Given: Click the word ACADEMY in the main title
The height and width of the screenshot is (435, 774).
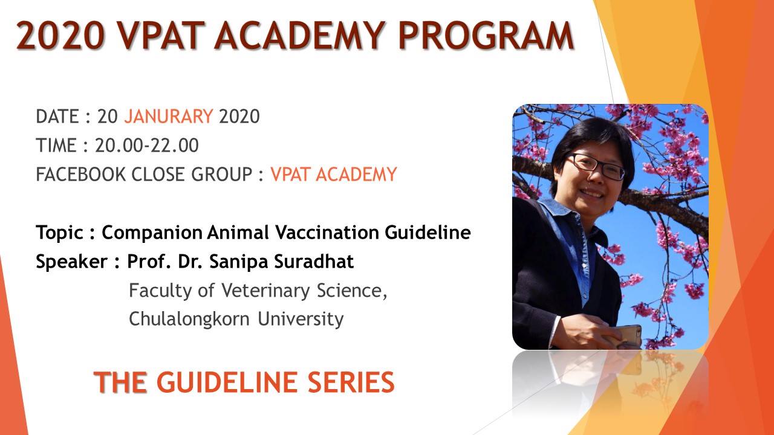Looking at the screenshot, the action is (299, 36).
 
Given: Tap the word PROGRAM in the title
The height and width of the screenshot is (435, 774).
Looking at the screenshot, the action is (486, 36).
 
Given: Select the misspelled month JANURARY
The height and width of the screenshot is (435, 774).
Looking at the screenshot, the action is (168, 116).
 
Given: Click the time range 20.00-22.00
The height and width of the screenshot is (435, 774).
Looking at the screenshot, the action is (147, 145).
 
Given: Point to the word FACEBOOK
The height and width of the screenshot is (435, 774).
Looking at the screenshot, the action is (81, 174).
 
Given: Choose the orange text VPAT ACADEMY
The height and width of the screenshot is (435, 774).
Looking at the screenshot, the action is (333, 174).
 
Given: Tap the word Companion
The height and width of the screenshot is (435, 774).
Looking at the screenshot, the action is (152, 233).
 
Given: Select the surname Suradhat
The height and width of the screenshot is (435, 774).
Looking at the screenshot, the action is (314, 261).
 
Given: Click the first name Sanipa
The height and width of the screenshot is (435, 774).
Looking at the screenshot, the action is (238, 262).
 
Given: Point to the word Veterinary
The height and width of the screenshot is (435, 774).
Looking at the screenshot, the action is (265, 291).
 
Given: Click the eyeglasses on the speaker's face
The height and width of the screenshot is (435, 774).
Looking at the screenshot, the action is (595, 166).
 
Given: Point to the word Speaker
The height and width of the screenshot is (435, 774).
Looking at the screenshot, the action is (71, 262).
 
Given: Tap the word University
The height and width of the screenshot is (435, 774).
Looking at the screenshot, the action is (301, 319).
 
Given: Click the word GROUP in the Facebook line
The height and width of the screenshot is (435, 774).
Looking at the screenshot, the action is (222, 174).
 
